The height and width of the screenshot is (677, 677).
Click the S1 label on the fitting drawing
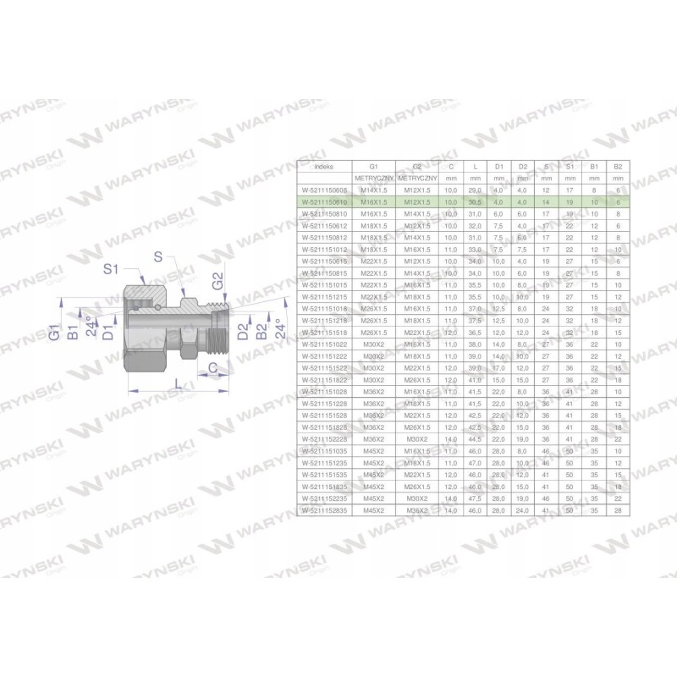pos(111,269)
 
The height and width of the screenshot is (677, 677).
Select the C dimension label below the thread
pos(215,366)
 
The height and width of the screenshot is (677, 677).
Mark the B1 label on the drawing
pos(74,328)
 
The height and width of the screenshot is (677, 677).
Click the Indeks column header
pos(324,166)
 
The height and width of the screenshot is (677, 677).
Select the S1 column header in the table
pos(571,166)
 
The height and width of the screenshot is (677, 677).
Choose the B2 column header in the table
pos(619,166)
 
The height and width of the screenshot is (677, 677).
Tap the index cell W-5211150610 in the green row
pos(325,203)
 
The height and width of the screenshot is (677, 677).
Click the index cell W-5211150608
pos(325,191)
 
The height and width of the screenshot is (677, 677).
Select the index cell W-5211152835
pos(325,510)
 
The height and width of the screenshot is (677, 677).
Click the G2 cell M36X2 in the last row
pos(416,510)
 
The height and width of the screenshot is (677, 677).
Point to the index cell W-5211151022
pos(325,344)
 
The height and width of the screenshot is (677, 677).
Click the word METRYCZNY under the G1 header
pos(370,179)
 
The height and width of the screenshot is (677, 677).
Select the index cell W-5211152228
pos(325,439)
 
